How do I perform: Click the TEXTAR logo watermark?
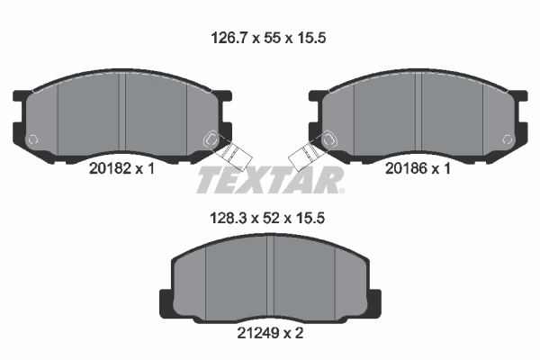point(270,180)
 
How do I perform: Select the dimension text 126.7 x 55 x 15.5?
point(268,38)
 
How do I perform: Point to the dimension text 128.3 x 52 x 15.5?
point(267,218)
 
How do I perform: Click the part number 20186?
point(407,168)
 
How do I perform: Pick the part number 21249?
point(258,333)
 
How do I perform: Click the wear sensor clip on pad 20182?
point(232,154)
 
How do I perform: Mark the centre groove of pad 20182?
point(122,114)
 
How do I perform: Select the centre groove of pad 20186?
point(418,114)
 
